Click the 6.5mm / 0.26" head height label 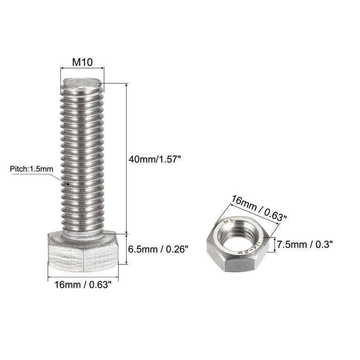click(x=158, y=249)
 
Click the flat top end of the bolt click(x=82, y=83)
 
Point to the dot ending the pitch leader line click(x=69, y=184)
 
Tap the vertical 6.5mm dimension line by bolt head click(x=126, y=249)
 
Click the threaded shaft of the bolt click(x=82, y=159)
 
